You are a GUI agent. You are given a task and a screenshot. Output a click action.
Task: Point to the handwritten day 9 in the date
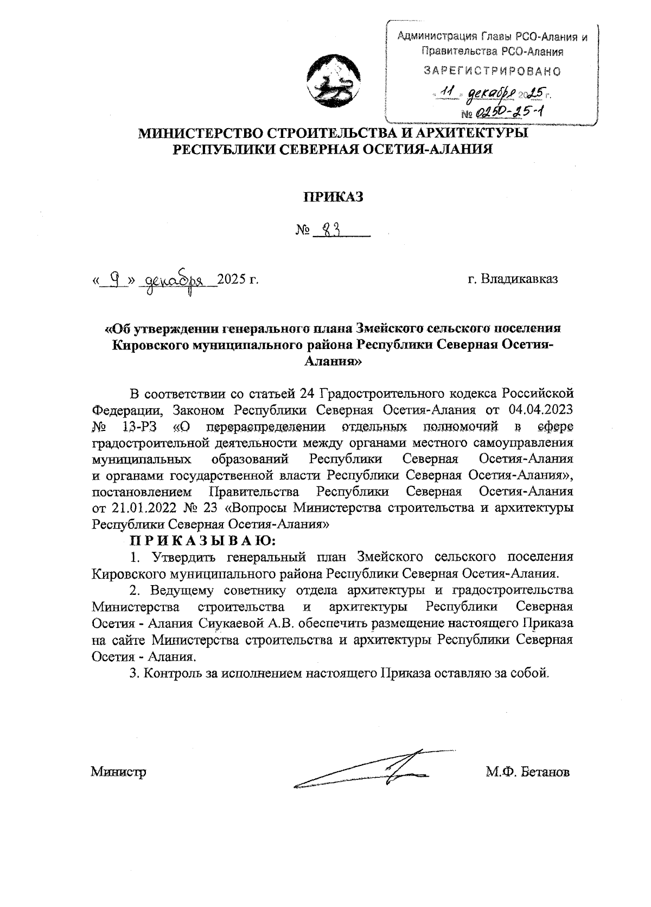(x=114, y=280)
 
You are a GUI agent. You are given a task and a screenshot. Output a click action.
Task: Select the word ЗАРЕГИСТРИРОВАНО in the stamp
(x=492, y=71)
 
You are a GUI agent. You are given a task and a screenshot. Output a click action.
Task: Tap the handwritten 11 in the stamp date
(x=448, y=93)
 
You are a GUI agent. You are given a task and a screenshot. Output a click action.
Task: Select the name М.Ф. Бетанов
(x=527, y=772)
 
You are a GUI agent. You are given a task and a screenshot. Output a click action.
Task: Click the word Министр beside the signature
(x=118, y=772)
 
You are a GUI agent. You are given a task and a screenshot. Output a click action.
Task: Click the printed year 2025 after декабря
(x=232, y=280)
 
